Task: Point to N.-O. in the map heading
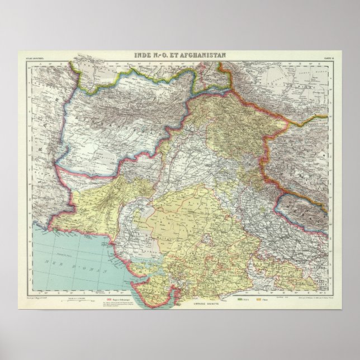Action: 159,54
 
